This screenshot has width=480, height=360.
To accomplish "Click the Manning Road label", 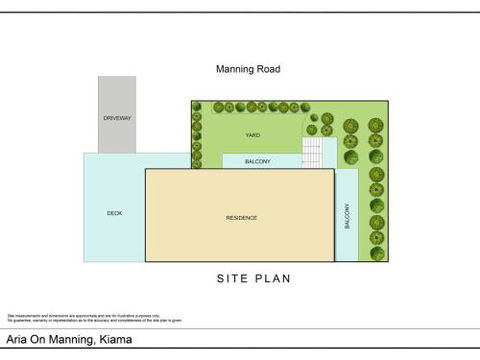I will click(248, 70).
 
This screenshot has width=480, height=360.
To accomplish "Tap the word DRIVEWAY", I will click(117, 118).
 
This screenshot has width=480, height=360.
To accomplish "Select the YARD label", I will click(253, 135).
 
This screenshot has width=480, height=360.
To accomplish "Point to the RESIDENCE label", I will click(241, 218).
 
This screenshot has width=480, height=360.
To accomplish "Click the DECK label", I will click(114, 213).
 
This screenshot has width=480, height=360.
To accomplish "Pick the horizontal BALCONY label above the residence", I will click(257, 161).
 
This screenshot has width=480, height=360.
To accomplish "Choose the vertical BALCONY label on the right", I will click(347, 218).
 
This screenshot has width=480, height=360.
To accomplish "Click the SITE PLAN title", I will click(254, 279).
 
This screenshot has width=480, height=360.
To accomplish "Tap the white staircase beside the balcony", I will click(313, 152).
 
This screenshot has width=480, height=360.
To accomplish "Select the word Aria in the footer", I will click(18, 341).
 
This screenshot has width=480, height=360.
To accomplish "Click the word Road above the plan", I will click(268, 70).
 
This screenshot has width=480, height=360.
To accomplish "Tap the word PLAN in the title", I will click(275, 279).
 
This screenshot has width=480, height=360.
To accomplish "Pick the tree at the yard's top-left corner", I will click(197, 106).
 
